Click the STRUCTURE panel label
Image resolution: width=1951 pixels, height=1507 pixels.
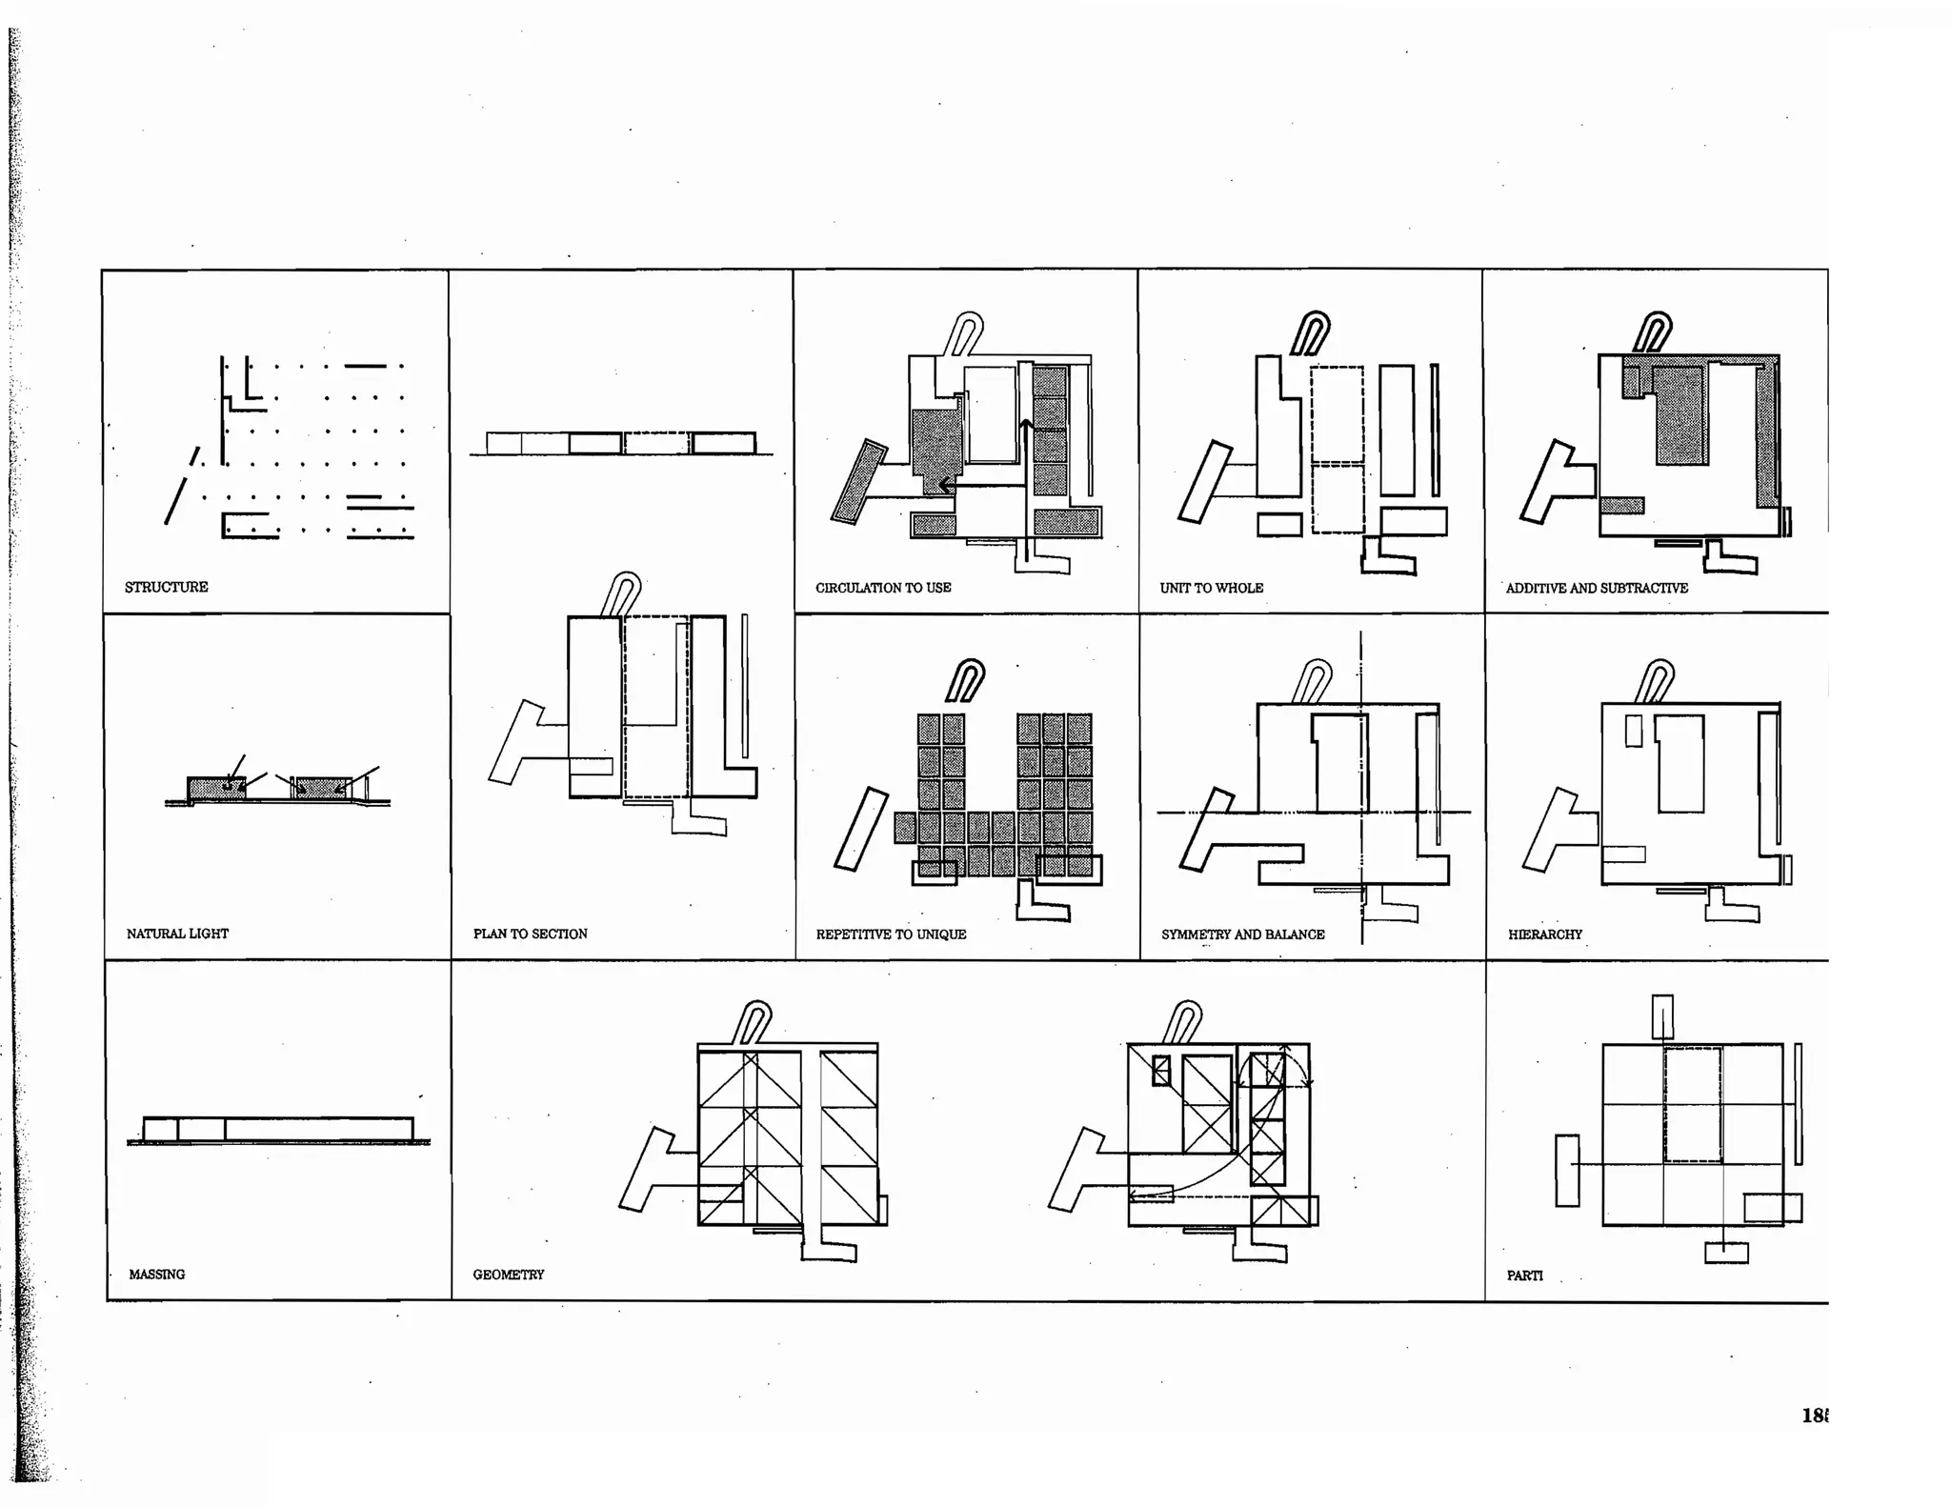(x=166, y=587)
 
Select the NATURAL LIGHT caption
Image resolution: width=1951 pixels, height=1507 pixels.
(x=177, y=934)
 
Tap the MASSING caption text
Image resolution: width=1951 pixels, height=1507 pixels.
(x=157, y=1275)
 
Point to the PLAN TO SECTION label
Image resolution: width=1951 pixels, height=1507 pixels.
(x=530, y=934)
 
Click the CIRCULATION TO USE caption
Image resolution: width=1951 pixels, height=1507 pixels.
(x=883, y=588)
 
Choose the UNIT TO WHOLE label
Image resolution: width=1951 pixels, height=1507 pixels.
(x=1211, y=588)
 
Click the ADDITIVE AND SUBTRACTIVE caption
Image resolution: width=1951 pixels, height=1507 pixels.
(x=1597, y=588)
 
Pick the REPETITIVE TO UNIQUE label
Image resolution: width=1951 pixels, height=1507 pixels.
(x=891, y=934)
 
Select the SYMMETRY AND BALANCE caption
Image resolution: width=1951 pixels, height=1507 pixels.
(x=1242, y=934)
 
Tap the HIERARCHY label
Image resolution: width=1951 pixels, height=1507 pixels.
(x=1544, y=934)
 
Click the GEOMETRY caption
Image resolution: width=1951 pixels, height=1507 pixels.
(x=508, y=1275)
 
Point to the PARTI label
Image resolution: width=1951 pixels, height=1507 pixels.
(x=1524, y=1276)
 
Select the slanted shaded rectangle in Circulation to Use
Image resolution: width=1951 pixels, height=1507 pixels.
(x=858, y=481)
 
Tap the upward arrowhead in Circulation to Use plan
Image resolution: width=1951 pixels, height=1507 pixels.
(x=1026, y=424)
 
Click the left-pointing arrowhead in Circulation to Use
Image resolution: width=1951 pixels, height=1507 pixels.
(x=944, y=486)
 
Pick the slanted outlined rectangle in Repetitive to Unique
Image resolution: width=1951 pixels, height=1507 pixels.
(x=860, y=829)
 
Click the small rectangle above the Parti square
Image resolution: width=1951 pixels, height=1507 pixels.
(x=1661, y=1016)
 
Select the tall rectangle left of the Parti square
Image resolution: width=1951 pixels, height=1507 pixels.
(x=1566, y=1171)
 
